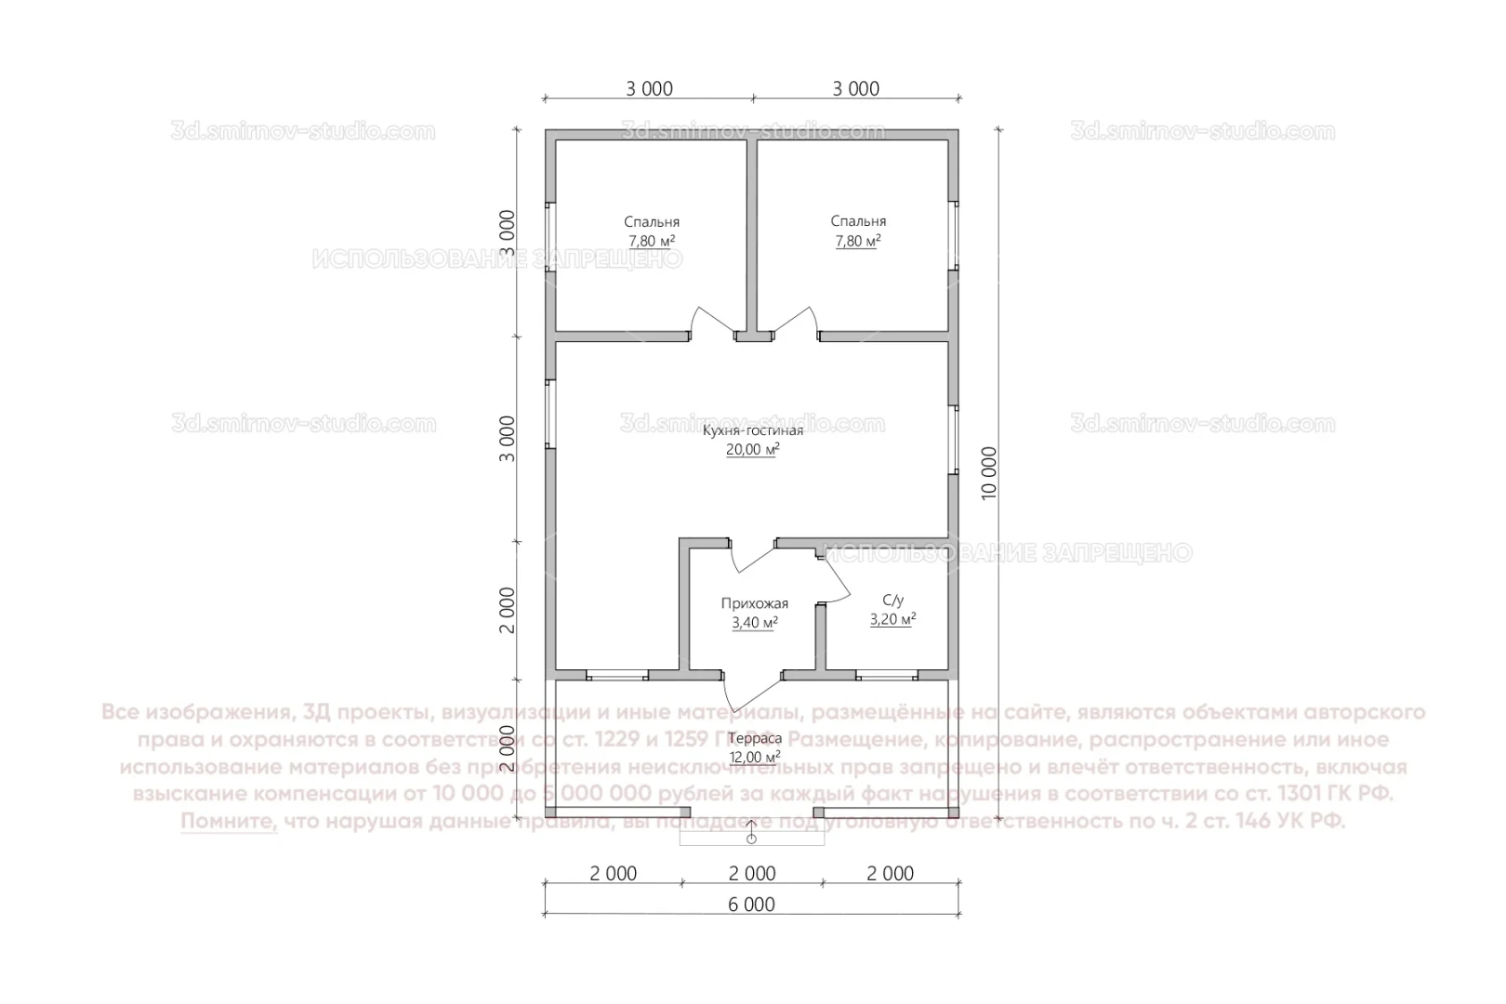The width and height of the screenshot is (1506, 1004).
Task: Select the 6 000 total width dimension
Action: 752,905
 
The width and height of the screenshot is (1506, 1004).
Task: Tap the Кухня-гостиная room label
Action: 752,430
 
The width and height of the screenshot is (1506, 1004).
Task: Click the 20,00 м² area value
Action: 752,449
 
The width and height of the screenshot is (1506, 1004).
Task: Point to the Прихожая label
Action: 754,603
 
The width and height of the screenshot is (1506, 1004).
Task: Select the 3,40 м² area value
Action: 754,622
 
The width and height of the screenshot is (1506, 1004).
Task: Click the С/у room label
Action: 892,601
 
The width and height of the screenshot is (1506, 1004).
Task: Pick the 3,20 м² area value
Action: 892,619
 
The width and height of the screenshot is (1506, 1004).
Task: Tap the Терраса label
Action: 755,738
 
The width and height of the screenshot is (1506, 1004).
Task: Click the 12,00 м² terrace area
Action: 755,757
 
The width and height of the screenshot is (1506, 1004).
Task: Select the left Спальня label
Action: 651,222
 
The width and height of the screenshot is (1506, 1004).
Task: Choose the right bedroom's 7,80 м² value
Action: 857,241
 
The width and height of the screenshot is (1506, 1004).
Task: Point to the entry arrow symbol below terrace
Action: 751,834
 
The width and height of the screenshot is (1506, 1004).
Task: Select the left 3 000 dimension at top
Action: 649,89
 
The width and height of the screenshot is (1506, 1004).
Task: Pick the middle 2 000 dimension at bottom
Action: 752,874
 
